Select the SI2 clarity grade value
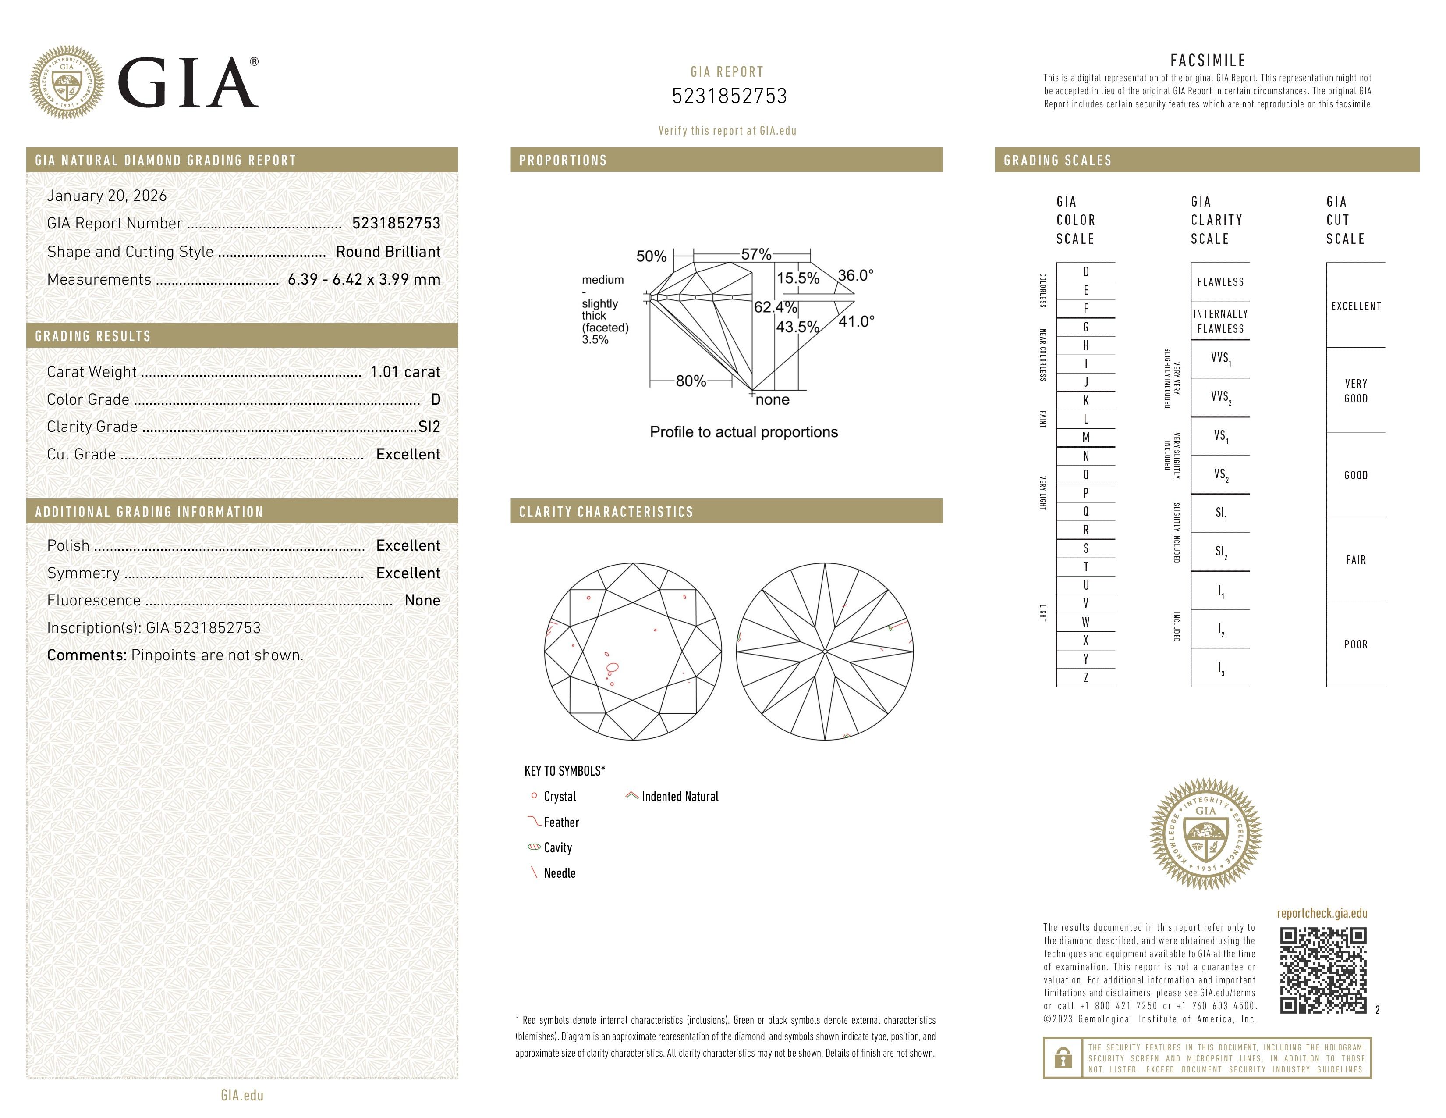[429, 427]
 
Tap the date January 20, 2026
[106, 196]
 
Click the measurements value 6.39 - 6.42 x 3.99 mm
[364, 280]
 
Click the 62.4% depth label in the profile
[775, 307]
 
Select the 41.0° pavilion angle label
[856, 322]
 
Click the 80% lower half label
[691, 381]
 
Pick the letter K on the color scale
[1086, 401]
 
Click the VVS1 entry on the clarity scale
[1220, 358]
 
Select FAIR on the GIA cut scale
[1355, 560]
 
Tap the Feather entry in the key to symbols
[561, 822]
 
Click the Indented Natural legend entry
[679, 796]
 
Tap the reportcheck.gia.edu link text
[1322, 913]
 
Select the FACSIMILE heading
[1208, 60]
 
